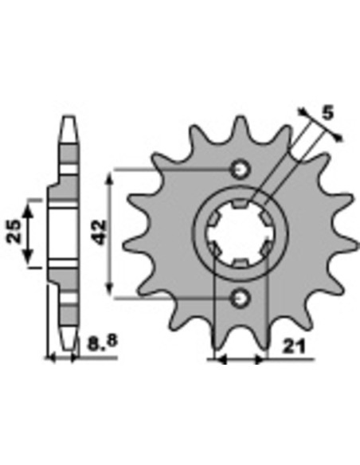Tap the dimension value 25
click(x=15, y=232)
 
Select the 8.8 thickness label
click(x=103, y=342)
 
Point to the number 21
click(x=294, y=346)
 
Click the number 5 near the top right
click(x=327, y=113)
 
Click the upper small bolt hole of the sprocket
click(x=241, y=170)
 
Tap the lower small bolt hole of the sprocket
click(x=241, y=298)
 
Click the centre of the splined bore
click(x=241, y=233)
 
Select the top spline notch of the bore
click(x=241, y=204)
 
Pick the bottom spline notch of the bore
click(x=241, y=264)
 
